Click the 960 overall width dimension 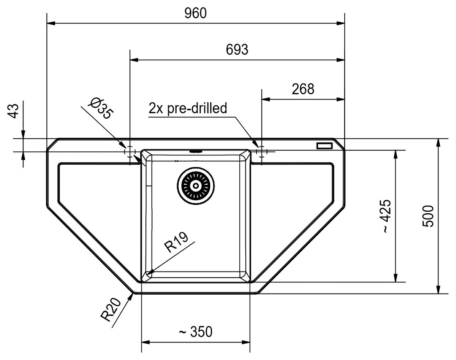[x=195, y=13]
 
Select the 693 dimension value [x=237, y=50]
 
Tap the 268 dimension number [x=303, y=89]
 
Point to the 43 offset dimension [x=13, y=111]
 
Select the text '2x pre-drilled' [x=188, y=108]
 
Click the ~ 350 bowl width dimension [x=195, y=331]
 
